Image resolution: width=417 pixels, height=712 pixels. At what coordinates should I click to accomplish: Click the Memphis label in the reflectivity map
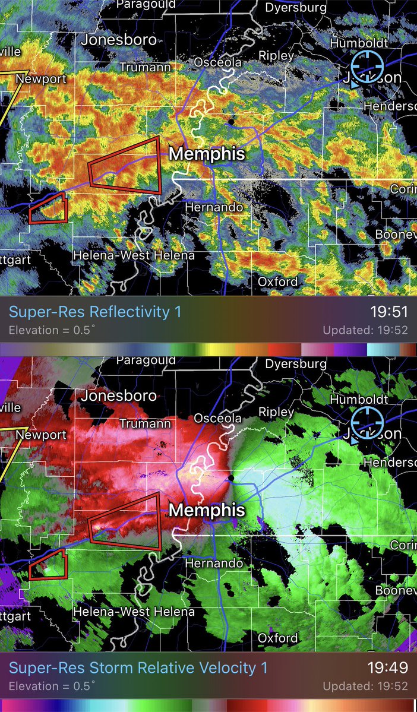(207, 154)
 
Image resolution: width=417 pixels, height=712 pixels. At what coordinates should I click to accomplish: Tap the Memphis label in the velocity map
(207, 510)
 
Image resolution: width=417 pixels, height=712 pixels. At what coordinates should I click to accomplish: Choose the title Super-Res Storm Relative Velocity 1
(138, 668)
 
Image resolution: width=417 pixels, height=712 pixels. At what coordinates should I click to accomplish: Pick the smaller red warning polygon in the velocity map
(49, 565)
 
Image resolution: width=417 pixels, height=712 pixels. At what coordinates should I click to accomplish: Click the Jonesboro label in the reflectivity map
(119, 40)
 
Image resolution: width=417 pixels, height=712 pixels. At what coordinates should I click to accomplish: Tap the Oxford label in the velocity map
(277, 638)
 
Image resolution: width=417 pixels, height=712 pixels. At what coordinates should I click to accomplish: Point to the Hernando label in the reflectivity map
(214, 207)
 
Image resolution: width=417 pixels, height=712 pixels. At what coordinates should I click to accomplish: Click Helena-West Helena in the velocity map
(134, 611)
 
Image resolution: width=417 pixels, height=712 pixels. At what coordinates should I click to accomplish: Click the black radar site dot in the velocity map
(230, 476)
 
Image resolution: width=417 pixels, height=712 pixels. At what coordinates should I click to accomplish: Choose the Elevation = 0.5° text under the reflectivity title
(52, 330)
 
